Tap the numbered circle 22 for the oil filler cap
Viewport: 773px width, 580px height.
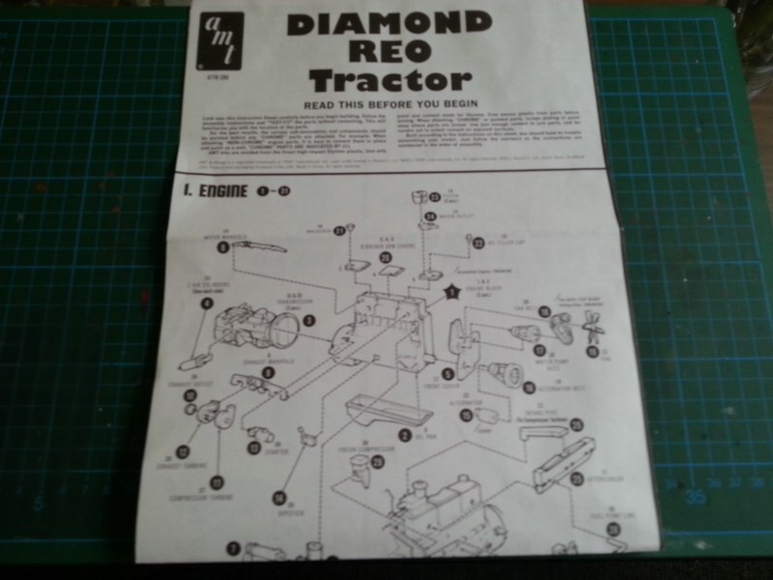(478, 243)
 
